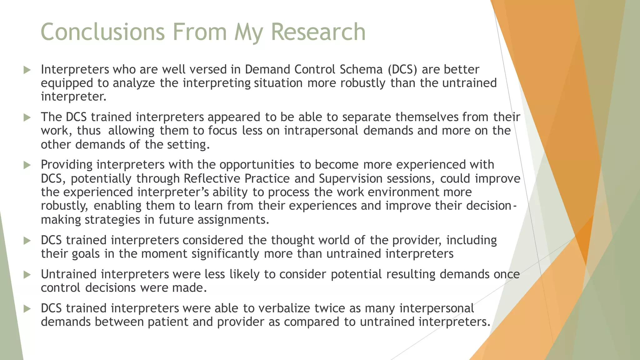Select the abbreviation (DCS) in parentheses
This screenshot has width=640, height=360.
(402, 69)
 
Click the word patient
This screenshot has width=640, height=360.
(168, 322)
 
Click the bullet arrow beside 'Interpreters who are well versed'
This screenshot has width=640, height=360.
(27, 70)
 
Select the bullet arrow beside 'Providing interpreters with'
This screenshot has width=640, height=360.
(27, 165)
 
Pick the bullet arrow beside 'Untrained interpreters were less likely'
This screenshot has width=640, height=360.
(27, 275)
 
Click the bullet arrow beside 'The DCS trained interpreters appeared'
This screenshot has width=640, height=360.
(27, 117)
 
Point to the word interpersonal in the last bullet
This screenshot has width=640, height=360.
(437, 308)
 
